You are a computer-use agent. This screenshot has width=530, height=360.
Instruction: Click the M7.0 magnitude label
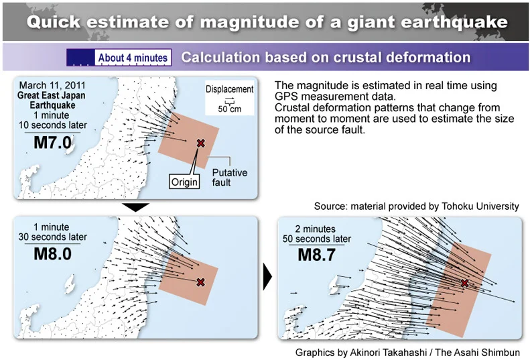pos(53,142)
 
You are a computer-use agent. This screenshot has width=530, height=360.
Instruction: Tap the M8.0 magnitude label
pos(53,254)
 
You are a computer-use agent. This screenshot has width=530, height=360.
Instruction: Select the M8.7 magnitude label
pos(317,255)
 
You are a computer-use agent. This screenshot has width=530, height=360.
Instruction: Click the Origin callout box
pos(184,182)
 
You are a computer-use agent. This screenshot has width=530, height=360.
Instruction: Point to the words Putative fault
pos(230,177)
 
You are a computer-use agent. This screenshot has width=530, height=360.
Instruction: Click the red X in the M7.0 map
pos(201,143)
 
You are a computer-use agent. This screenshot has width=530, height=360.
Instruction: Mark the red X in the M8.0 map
pos(201,282)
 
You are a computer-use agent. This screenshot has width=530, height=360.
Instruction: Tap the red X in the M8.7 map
pos(465,283)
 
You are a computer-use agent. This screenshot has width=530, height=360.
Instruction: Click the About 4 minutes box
pos(133,58)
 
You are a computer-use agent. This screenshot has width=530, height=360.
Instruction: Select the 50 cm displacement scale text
pos(230,109)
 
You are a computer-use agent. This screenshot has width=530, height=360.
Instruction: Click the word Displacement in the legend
pos(230,89)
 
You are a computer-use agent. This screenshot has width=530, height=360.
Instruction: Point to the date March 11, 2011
pos(52,85)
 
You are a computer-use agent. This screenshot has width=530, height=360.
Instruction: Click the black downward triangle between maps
pos(135,207)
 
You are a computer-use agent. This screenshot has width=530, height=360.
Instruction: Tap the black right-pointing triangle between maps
pos(267,277)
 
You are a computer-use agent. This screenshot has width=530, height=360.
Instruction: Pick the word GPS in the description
pos(286,97)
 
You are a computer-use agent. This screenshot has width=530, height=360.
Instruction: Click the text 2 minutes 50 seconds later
pos(317,234)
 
